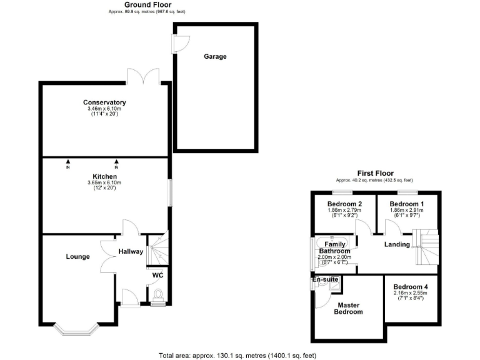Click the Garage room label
click(x=215, y=56)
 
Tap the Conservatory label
click(x=104, y=102)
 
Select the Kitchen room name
click(x=104, y=176)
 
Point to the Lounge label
click(x=77, y=256)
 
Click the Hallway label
click(x=131, y=252)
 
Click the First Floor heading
click(x=374, y=173)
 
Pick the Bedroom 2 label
click(x=344, y=204)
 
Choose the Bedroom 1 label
click(x=406, y=204)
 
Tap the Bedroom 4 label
click(x=410, y=287)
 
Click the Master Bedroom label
click(x=349, y=308)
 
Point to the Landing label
click(x=397, y=244)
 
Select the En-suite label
click(x=325, y=279)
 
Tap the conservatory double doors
click(x=143, y=76)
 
